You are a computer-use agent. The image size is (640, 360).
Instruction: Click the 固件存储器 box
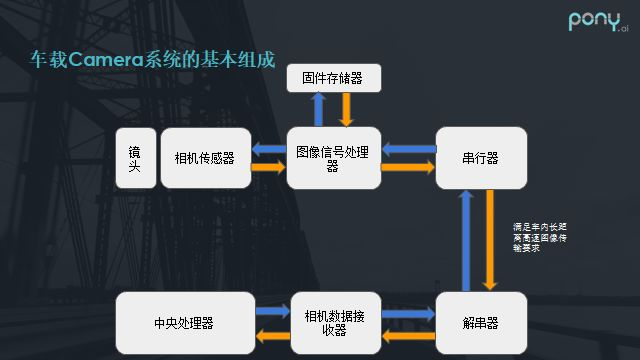tap(333, 76)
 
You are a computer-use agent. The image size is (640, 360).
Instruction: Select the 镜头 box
tap(134, 158)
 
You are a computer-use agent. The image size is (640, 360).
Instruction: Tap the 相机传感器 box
tap(204, 158)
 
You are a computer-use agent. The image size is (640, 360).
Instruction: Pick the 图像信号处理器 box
tap(333, 158)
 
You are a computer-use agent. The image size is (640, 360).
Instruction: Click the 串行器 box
tap(480, 158)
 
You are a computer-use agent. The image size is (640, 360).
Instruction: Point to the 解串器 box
tap(480, 323)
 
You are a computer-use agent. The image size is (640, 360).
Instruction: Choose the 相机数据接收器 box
tap(333, 323)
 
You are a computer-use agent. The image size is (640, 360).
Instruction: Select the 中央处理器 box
tap(184, 323)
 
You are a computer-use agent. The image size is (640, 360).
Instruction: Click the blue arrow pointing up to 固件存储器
tap(318, 109)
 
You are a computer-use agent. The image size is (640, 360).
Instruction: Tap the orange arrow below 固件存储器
tap(347, 109)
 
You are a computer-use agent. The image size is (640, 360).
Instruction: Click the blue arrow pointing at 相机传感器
tap(268, 149)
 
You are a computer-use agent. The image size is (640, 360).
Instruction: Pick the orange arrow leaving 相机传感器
tap(268, 168)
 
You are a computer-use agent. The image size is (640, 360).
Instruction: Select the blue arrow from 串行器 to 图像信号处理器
tap(408, 149)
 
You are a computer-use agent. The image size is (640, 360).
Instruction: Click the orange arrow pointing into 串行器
tap(408, 168)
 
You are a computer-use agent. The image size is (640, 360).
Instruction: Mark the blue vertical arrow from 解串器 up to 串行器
tap(466, 240)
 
